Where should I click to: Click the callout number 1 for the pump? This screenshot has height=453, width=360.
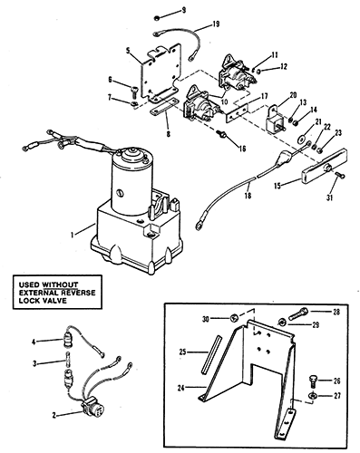[x=72, y=235]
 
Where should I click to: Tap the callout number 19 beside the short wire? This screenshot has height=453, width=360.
[x=216, y=24]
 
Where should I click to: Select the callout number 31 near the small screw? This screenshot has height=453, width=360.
[x=329, y=198]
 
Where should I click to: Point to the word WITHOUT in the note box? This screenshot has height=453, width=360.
[x=60, y=284]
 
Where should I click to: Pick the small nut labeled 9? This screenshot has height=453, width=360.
[x=157, y=18]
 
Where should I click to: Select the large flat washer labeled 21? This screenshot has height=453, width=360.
[x=302, y=140]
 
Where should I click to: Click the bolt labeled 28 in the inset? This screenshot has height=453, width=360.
[x=298, y=313]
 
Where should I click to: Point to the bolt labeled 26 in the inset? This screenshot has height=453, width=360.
[x=313, y=381]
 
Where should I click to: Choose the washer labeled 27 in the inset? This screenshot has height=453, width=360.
[x=313, y=395]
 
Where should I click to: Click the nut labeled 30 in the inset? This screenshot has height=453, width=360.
[x=234, y=318]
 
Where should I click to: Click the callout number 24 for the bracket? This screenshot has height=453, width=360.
[x=180, y=387]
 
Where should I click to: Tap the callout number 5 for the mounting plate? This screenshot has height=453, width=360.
[x=129, y=51]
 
